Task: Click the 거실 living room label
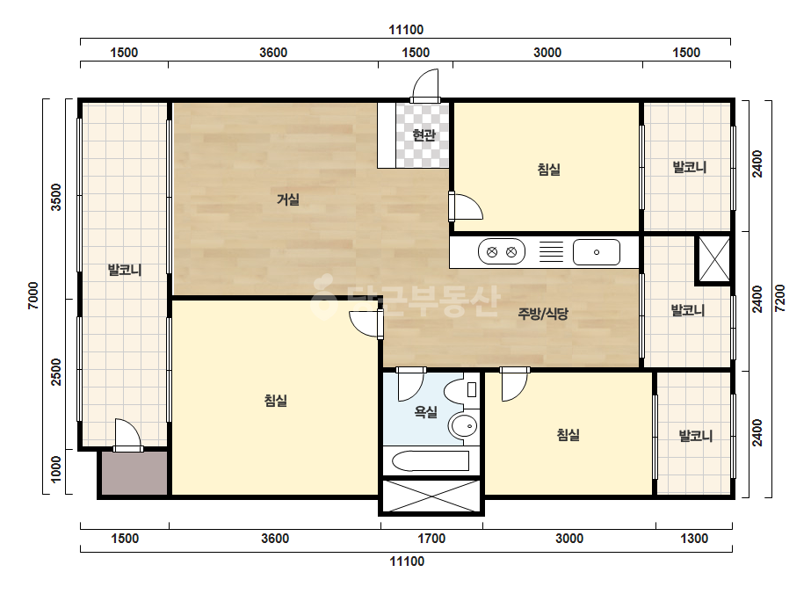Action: tap(288, 199)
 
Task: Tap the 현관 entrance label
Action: tap(424, 135)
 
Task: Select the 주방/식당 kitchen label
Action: tap(543, 313)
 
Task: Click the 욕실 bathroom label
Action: tap(425, 412)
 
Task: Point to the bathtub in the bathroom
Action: tap(431, 460)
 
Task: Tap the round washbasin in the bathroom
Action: tap(463, 426)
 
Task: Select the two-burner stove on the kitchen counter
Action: tap(502, 252)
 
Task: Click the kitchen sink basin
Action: tap(597, 252)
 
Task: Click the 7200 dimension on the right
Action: tap(780, 299)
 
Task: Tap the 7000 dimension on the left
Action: tap(33, 295)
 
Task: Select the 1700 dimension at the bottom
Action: tap(431, 539)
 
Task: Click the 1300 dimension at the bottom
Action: tap(694, 539)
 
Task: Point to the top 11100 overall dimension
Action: tap(406, 30)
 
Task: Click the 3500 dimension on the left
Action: tap(56, 197)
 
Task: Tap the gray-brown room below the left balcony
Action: tap(134, 473)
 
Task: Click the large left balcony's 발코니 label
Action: tap(125, 270)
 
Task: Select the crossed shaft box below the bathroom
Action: tap(431, 496)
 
